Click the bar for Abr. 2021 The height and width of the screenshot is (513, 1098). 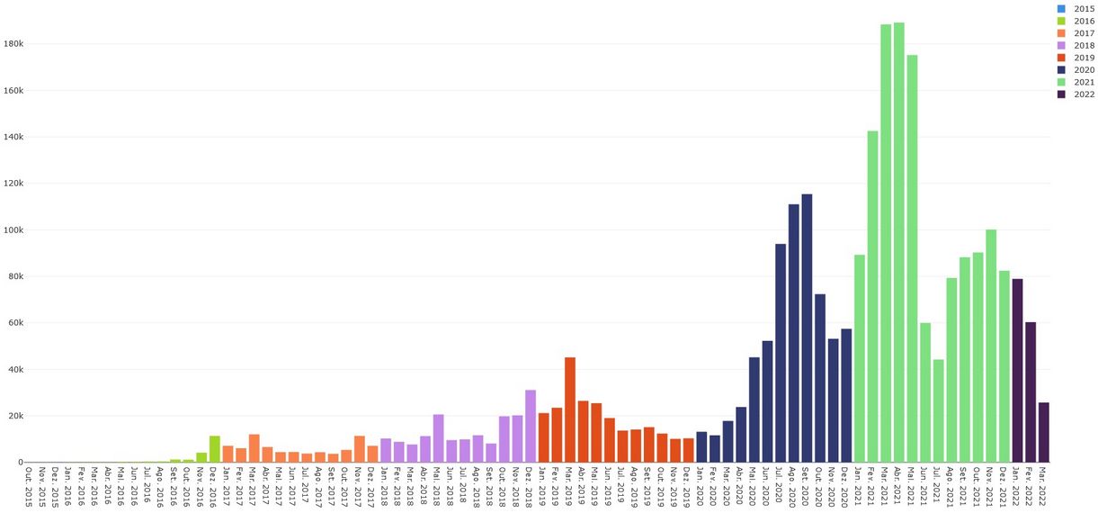pyautogui.click(x=898, y=243)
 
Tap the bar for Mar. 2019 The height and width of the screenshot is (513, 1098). pyautogui.click(x=570, y=409)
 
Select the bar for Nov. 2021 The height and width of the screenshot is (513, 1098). pyautogui.click(x=991, y=346)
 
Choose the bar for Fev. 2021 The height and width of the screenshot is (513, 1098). pyautogui.click(x=872, y=297)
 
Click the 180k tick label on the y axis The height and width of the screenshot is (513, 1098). pyautogui.click(x=20, y=44)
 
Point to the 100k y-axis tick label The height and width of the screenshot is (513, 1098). pyautogui.click(x=20, y=230)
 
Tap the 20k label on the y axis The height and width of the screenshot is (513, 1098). pyautogui.click(x=22, y=416)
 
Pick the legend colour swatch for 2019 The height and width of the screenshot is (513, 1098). pyautogui.click(x=1061, y=58)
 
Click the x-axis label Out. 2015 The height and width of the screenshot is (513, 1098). pyautogui.click(x=29, y=487)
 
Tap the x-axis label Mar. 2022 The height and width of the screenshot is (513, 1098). pyautogui.click(x=1043, y=487)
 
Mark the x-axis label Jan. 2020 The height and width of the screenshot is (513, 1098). pyautogui.click(x=701, y=487)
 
